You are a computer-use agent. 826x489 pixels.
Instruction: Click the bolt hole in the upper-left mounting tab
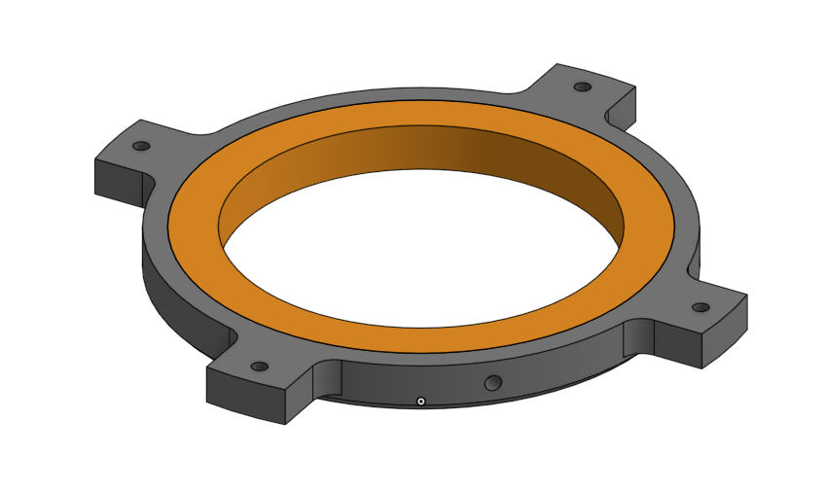pos(141,146)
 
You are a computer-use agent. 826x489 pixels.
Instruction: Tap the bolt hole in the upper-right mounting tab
pos(582,87)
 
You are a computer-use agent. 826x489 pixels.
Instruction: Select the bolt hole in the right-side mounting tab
pos(700,307)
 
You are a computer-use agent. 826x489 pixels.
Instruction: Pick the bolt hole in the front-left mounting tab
pos(260,367)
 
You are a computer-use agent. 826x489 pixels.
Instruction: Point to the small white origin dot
pos(420,401)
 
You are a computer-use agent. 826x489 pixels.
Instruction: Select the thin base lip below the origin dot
pos(420,408)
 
